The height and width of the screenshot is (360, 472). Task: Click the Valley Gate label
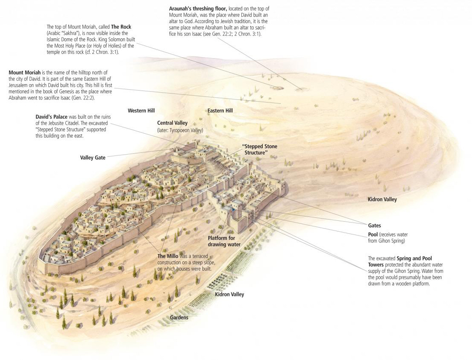(x=93, y=158)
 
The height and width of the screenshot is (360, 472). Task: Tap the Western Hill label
(x=141, y=111)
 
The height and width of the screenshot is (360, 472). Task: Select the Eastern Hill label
(x=220, y=111)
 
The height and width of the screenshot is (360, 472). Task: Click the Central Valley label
(x=172, y=123)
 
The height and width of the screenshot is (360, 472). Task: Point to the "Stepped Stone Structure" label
(x=260, y=149)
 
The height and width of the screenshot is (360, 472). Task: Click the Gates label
(x=374, y=225)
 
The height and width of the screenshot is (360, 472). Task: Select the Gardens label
(x=179, y=317)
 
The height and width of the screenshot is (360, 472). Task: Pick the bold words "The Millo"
(x=168, y=256)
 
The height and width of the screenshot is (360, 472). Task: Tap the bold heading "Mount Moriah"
(x=24, y=73)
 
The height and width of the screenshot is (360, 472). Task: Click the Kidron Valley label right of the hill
(x=382, y=199)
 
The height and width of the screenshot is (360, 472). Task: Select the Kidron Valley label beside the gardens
(x=229, y=294)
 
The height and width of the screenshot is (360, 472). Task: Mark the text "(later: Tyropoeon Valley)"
(x=180, y=130)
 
